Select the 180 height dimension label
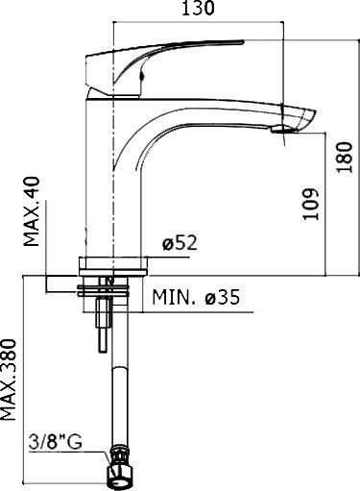[347, 150]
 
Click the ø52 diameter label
[180, 244]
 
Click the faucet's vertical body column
[112, 183]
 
